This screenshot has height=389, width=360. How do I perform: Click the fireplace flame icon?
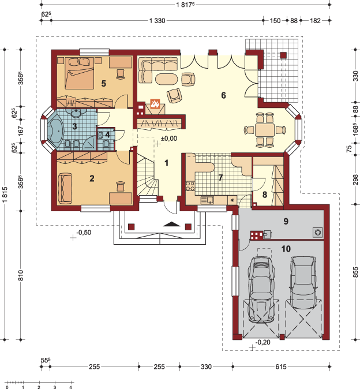(x=155, y=104)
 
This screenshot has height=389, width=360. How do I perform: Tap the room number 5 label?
(x=104, y=84)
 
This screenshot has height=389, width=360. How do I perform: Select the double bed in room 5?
(x=80, y=73)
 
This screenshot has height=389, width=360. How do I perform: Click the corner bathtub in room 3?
(x=56, y=131)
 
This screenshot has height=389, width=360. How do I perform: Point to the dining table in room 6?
(x=265, y=129)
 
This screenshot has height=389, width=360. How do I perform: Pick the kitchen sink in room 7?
(x=207, y=200)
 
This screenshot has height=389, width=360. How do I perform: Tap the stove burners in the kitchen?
(x=190, y=186)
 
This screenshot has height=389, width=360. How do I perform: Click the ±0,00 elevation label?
(x=169, y=139)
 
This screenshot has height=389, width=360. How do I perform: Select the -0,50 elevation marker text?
(x=84, y=233)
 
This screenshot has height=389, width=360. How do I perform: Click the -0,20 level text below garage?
(x=263, y=342)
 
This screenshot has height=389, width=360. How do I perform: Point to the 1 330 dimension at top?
(x=157, y=21)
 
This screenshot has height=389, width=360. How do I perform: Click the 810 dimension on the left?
(x=21, y=275)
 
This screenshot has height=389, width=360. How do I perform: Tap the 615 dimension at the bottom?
(x=280, y=366)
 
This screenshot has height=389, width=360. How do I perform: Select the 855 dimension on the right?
(x=355, y=272)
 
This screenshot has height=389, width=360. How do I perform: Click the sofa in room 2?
(x=65, y=189)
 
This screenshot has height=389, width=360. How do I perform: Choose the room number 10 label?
(x=286, y=249)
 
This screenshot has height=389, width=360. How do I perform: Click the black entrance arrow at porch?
(x=171, y=224)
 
